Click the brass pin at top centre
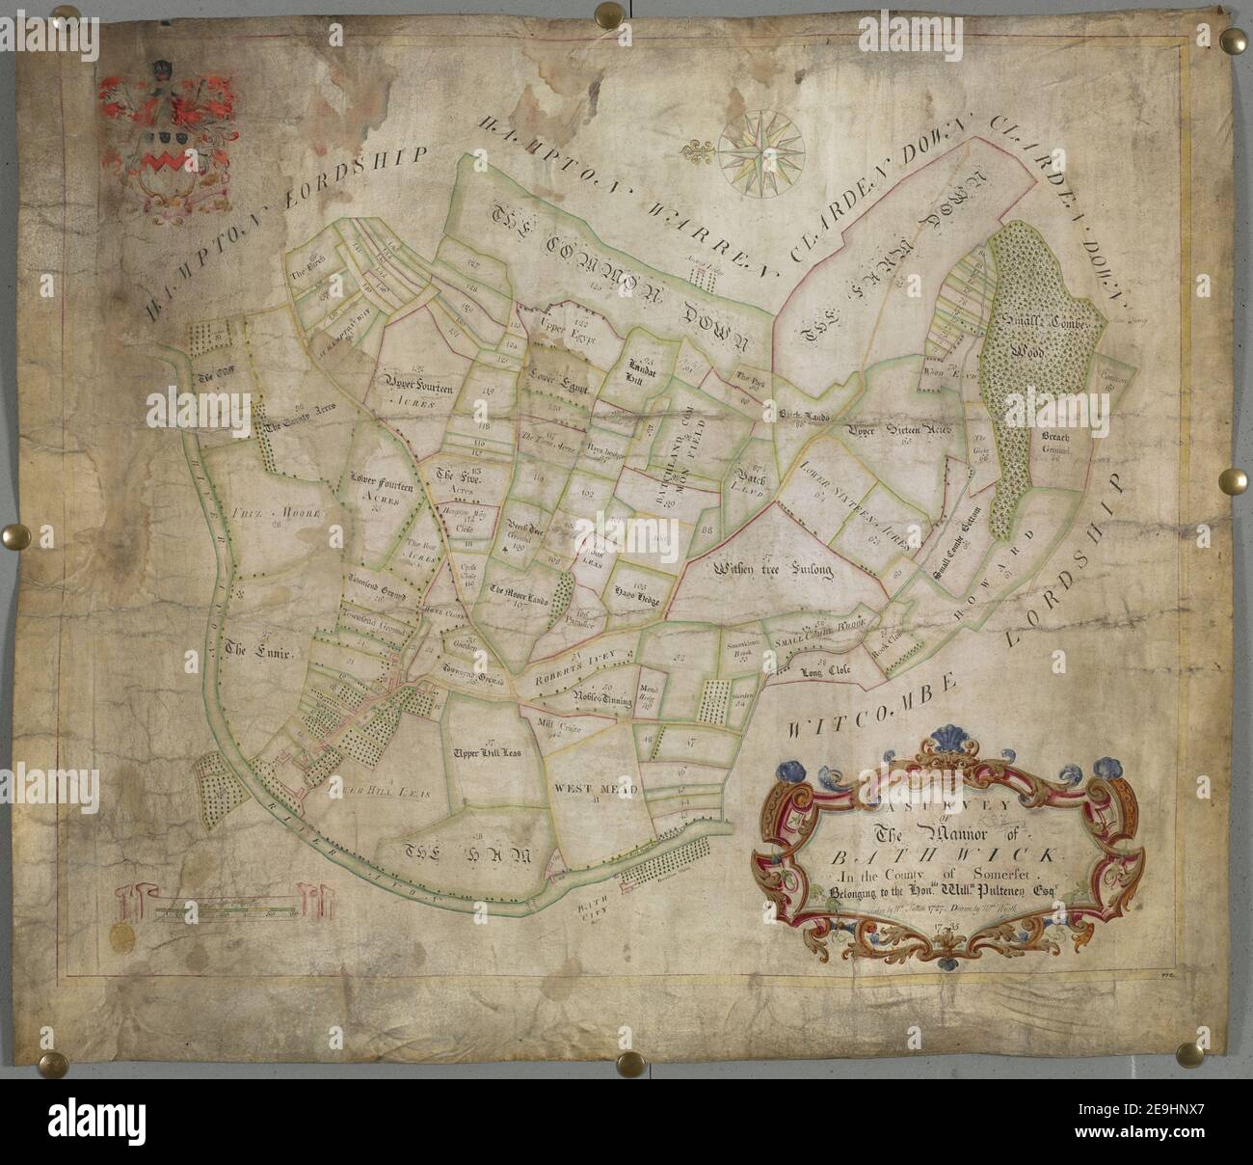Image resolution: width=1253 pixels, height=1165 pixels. point(609,14)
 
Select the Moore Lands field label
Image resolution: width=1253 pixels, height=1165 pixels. point(519,595)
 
